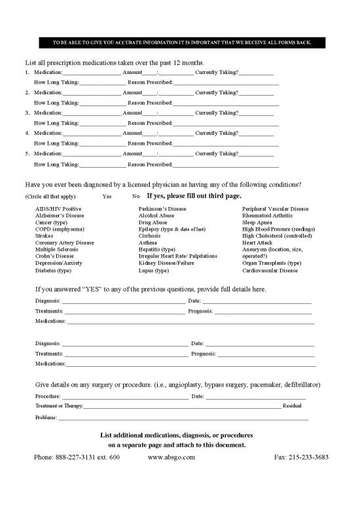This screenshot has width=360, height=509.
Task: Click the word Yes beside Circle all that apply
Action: (x=107, y=197)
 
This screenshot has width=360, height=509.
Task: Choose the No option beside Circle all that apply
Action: (x=135, y=197)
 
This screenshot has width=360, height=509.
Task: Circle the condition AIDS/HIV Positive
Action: (x=54, y=209)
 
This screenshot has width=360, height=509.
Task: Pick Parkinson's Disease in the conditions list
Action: (x=162, y=209)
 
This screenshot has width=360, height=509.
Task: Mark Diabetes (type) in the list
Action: (x=53, y=270)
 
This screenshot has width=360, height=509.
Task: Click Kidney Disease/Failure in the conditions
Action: (x=166, y=263)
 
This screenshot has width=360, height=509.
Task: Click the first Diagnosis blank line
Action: (x=123, y=302)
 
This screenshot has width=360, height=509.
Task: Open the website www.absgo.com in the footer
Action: (x=171, y=457)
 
